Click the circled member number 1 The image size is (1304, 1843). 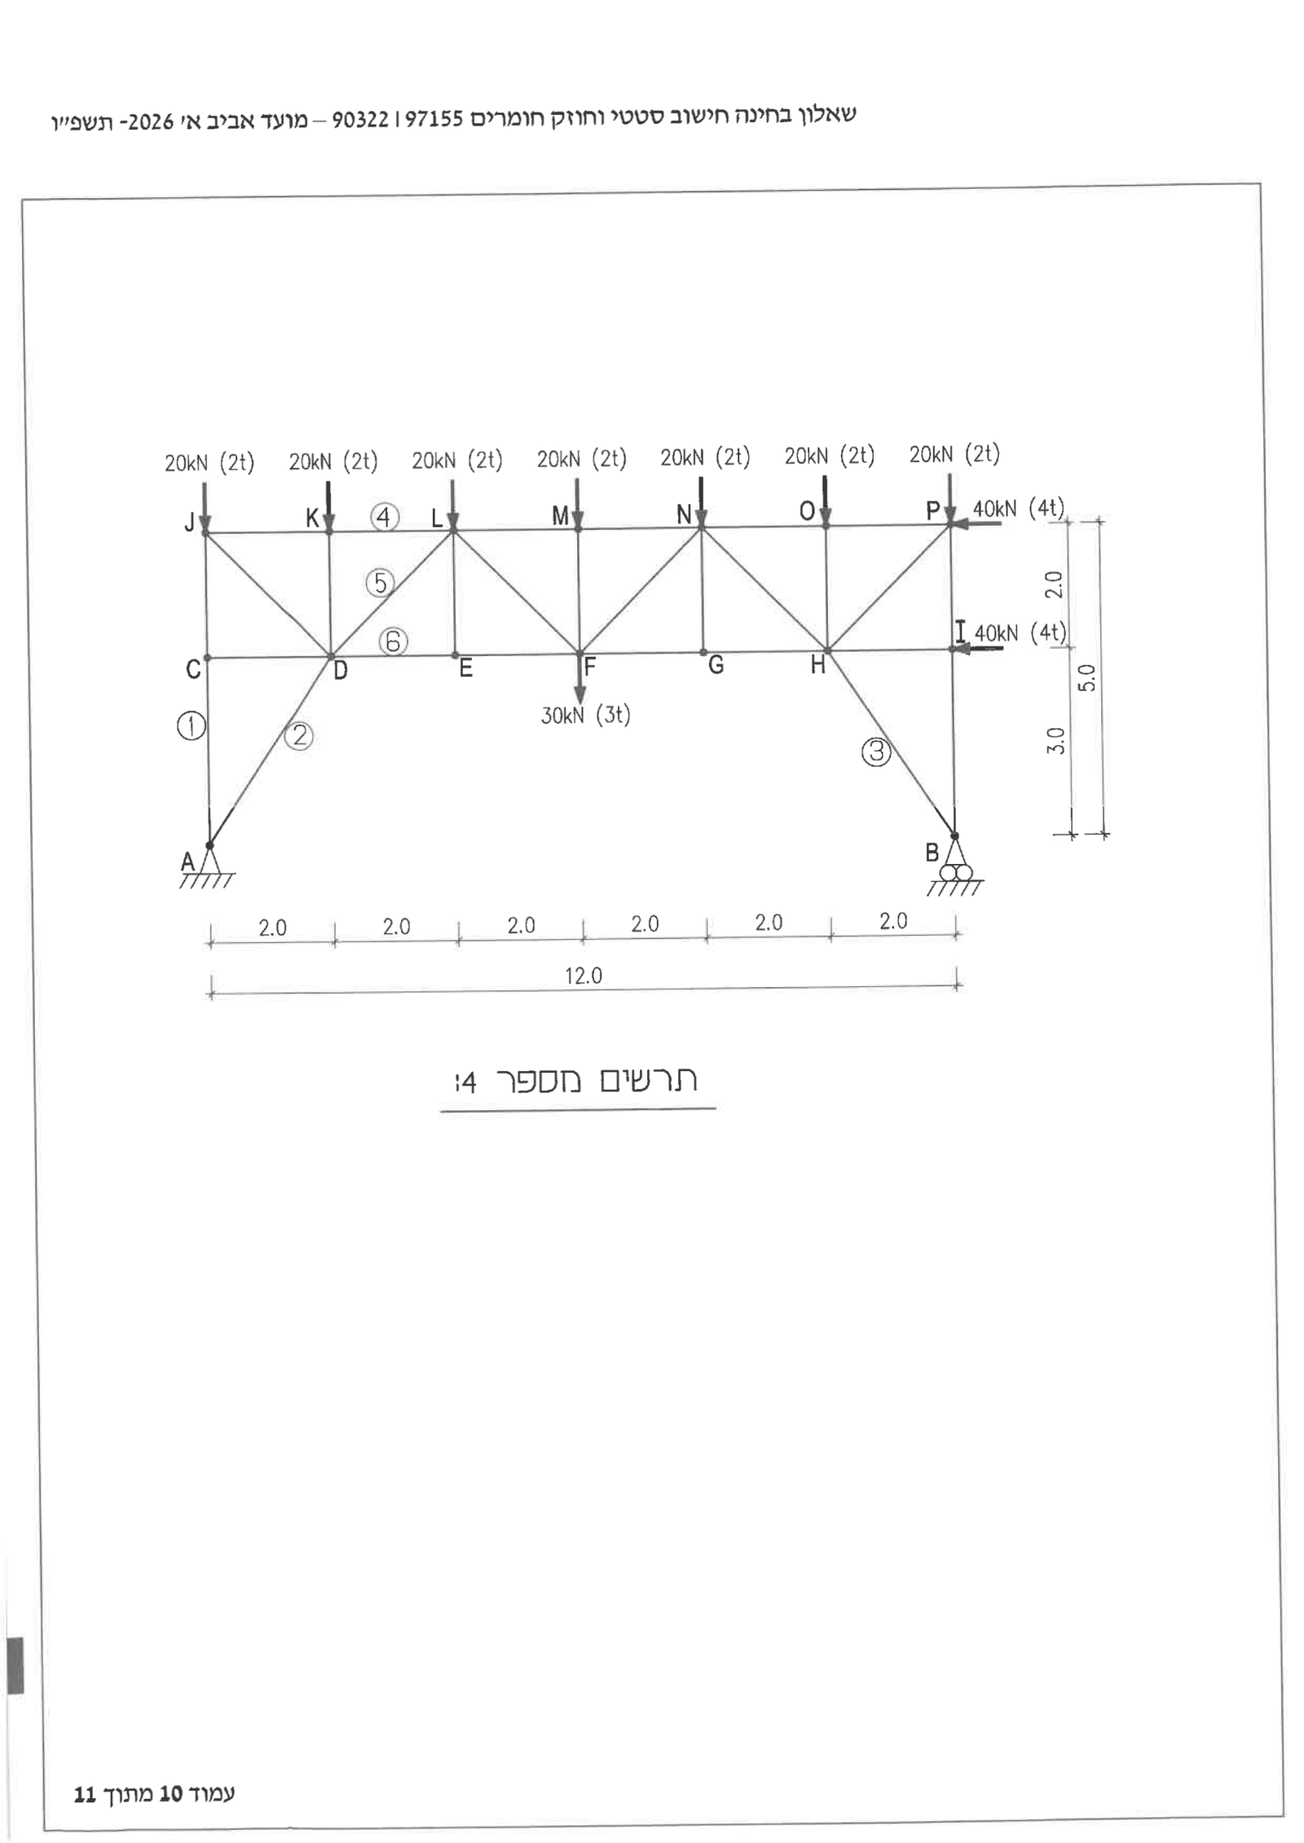pos(192,725)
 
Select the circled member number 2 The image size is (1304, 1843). pos(300,736)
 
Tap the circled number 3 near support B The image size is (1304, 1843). pos(876,752)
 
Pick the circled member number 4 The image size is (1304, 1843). pos(385,517)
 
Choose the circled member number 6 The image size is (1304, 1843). pos(393,642)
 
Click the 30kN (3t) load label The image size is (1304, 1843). pos(586,716)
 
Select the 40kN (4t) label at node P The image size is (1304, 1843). pos(1019,509)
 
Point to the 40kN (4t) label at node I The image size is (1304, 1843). pos(1020,633)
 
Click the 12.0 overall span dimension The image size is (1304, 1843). pos(584,976)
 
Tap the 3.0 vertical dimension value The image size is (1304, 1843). pos(1055,741)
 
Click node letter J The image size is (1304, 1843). pos(189,522)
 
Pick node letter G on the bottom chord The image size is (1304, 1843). pos(716,666)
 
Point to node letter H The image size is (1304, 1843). pos(817,666)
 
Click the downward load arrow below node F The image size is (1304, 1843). pos(579,678)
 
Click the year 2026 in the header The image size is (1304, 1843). pos(151,122)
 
